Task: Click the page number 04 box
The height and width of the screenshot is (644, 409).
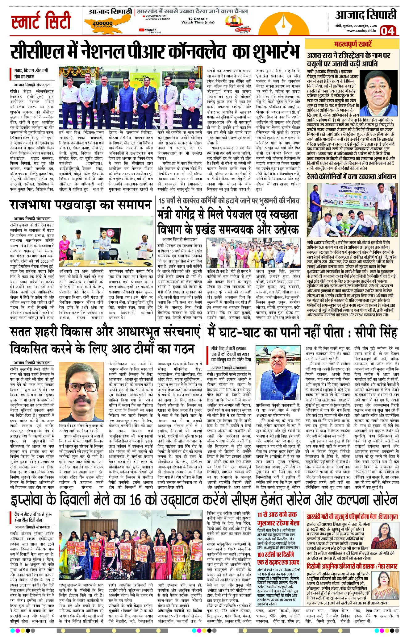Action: [388, 31]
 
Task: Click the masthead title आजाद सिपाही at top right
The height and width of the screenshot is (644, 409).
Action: [366, 15]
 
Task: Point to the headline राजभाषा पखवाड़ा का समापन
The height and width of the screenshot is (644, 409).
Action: [81, 205]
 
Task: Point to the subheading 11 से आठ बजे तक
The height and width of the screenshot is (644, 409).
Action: [277, 514]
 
